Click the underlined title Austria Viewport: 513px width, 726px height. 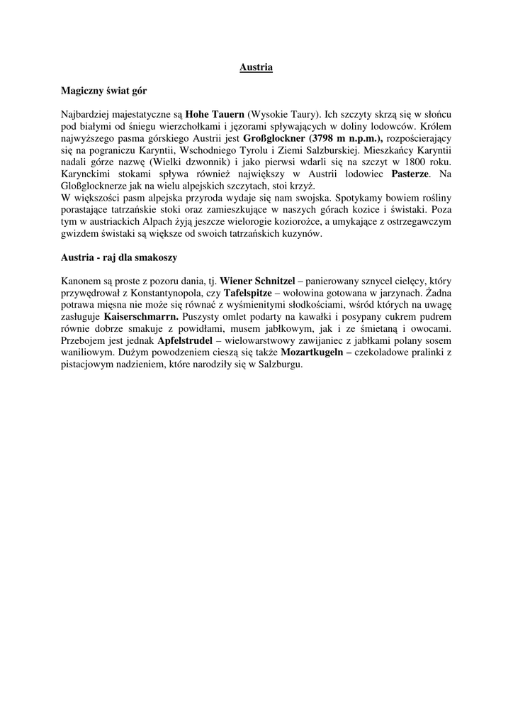(x=256, y=68)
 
